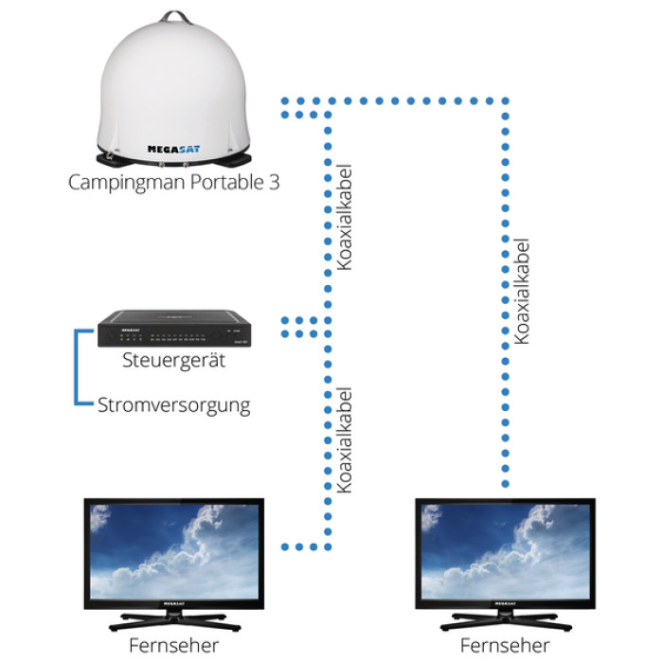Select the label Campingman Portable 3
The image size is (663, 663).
pyautogui.click(x=174, y=182)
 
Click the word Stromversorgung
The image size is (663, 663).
pyautogui.click(x=174, y=405)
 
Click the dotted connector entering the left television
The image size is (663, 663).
pyautogui.click(x=302, y=547)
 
